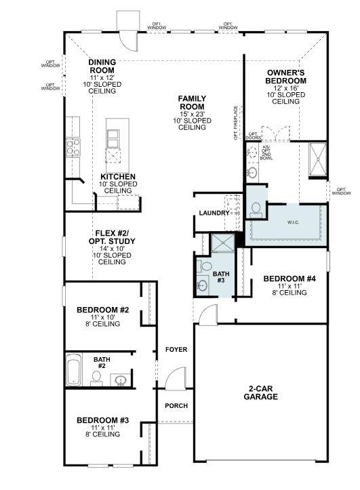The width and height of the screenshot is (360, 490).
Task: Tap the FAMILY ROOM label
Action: pyautogui.click(x=192, y=102)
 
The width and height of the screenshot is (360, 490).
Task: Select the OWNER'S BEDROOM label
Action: pyautogui.click(x=286, y=76)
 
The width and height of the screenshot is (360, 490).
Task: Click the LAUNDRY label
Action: pyautogui.click(x=214, y=213)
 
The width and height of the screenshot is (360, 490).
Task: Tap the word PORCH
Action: pyautogui.click(x=176, y=406)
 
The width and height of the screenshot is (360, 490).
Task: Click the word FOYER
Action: pyautogui.click(x=176, y=350)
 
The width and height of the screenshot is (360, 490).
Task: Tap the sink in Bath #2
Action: pyautogui.click(x=119, y=380)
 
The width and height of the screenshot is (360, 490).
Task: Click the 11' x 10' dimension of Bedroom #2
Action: pyautogui.click(x=102, y=317)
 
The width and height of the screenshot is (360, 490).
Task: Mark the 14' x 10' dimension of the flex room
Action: pyautogui.click(x=112, y=249)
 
